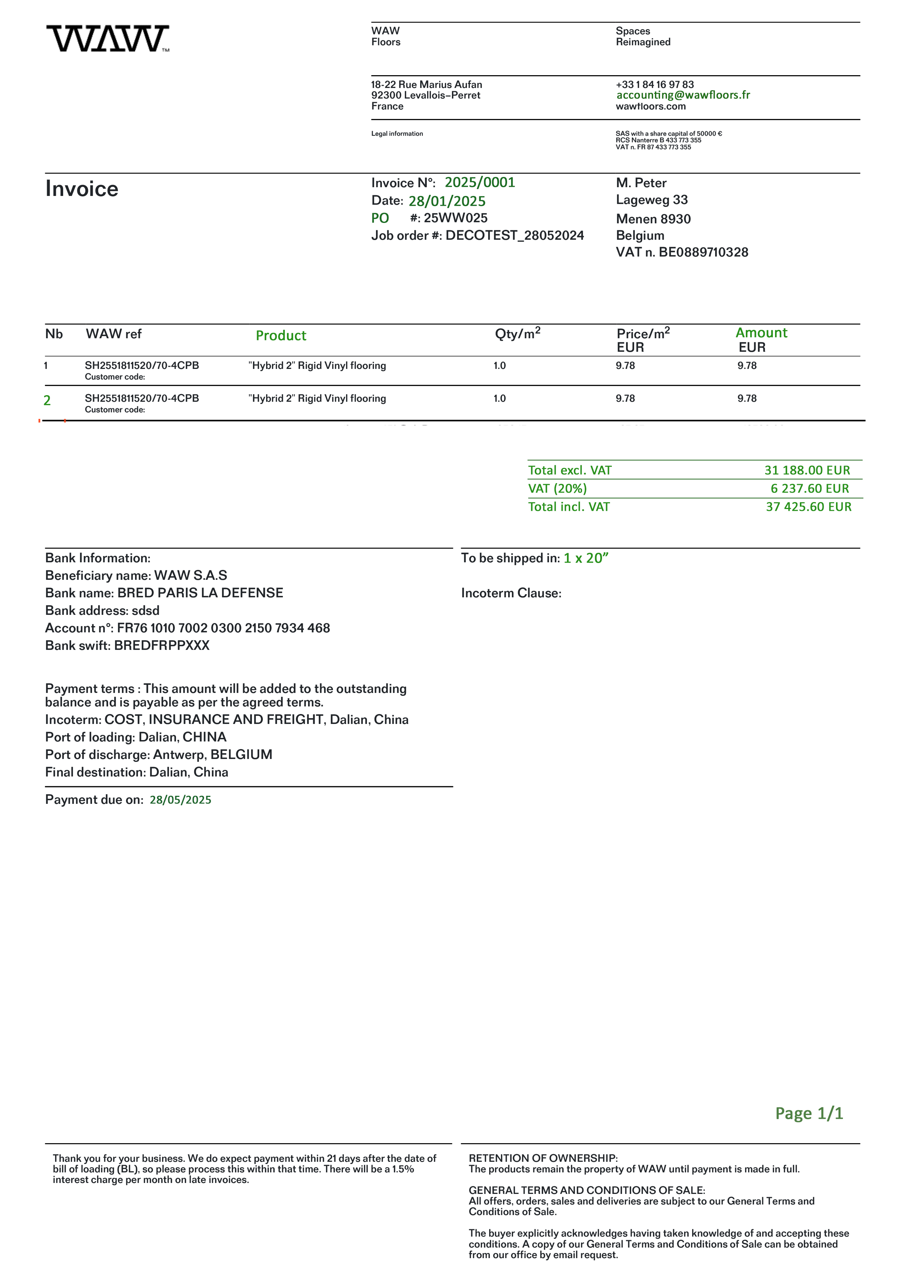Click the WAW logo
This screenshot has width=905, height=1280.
[108, 38]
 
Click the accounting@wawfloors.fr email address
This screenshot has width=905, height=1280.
[683, 95]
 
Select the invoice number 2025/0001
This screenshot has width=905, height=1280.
[480, 182]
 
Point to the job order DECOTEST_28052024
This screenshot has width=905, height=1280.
[514, 235]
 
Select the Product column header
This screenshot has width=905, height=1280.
[281, 336]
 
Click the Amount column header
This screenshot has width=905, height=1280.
[761, 333]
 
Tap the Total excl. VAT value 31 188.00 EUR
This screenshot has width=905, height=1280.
[807, 470]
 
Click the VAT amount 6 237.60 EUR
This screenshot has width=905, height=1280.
[810, 488]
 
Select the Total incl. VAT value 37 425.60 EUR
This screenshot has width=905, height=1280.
[809, 507]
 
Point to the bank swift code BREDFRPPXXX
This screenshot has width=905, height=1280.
[162, 645]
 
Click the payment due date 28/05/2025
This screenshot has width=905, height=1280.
[180, 799]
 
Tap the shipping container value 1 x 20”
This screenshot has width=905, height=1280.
[586, 558]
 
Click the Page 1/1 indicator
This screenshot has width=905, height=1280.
[809, 1113]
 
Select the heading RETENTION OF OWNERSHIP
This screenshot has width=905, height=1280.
[542, 1158]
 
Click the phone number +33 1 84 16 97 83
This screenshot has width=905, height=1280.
[655, 84]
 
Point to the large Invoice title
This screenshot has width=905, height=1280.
[82, 189]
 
